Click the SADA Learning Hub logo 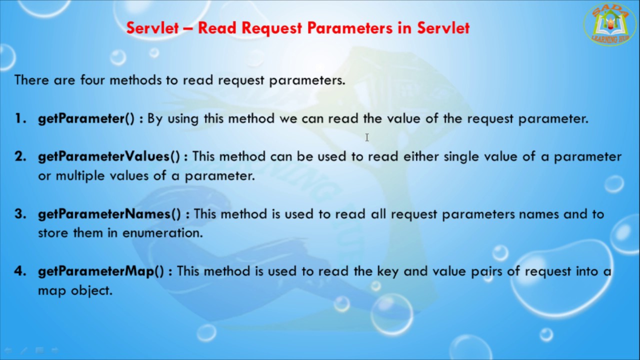tap(609, 24)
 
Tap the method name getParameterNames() tap(109, 214)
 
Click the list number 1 tap(20, 119)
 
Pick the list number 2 tap(20, 156)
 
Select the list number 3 tap(20, 214)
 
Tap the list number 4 tap(20, 271)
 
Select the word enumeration tap(162, 233)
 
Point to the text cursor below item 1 tap(366, 137)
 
